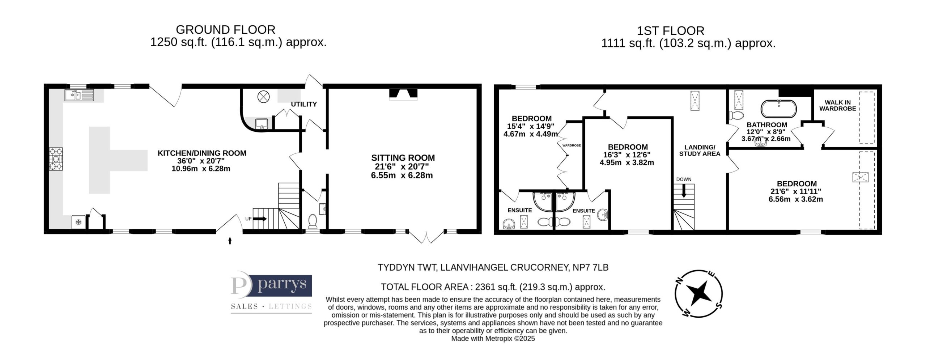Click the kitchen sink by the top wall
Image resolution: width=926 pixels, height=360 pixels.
tap(79, 95)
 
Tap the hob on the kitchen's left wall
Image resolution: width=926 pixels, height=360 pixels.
tap(56, 158)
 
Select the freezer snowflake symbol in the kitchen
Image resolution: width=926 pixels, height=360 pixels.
tap(78, 222)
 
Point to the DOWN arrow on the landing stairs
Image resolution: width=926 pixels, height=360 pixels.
tap(683, 191)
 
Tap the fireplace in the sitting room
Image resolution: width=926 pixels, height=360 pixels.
tap(403, 94)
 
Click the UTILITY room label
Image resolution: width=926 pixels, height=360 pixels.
tap(304, 104)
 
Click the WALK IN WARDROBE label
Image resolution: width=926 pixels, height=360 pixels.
tap(838, 105)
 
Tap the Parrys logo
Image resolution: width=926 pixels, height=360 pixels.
tap(271, 294)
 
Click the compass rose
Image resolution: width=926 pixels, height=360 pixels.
tap(699, 293)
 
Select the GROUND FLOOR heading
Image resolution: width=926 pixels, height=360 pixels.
tap(225, 30)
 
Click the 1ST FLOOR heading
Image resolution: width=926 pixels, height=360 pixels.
tap(688, 31)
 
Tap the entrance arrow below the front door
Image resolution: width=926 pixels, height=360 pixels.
tap(230, 241)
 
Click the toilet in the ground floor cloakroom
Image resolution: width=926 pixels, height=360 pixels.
tap(312, 221)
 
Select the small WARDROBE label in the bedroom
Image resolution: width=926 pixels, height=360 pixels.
tap(572, 145)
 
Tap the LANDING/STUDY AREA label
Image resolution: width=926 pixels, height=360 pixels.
tap(700, 151)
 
